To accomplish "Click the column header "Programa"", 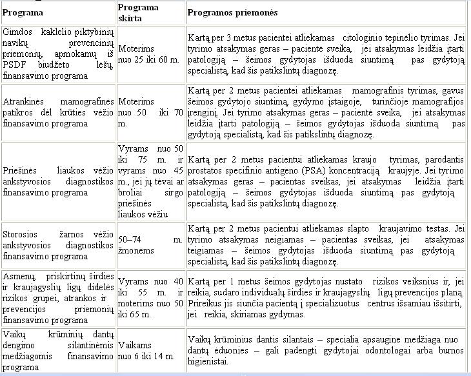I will (23, 13).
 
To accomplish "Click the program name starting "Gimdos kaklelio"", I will (58, 54).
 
